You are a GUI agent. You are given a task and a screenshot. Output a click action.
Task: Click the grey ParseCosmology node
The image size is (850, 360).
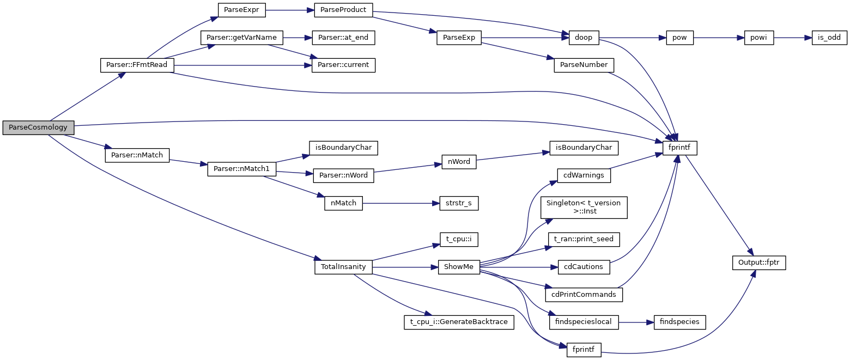[38, 128]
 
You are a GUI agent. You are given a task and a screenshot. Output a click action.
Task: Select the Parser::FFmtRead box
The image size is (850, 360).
[137, 65]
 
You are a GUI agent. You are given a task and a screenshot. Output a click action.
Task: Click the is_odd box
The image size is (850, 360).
[829, 38]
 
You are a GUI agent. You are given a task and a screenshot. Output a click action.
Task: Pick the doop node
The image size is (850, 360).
[583, 38]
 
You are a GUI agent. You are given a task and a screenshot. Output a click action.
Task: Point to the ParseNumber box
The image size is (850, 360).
[584, 65]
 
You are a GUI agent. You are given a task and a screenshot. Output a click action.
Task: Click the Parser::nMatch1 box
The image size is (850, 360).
[241, 169]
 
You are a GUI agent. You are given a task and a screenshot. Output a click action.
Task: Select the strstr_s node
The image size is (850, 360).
[455, 203]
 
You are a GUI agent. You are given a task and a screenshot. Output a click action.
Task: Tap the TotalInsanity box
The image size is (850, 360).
[343, 267]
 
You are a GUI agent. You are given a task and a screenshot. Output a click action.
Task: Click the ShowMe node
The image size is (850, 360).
[459, 267]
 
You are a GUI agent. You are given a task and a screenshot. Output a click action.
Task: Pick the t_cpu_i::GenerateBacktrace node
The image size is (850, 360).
[459, 322]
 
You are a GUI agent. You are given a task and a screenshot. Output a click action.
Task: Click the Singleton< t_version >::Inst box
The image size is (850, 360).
[583, 208]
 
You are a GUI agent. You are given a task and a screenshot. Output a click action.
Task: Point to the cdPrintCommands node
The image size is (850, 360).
[584, 295]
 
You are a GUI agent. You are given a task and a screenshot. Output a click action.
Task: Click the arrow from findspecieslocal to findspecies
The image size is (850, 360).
[632, 322]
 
